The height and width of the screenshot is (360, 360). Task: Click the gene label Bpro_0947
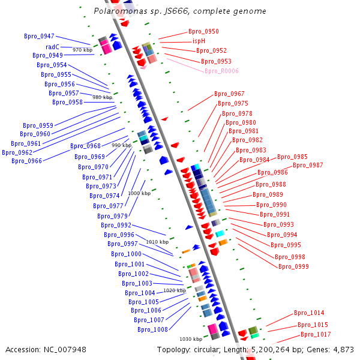coord(39,37)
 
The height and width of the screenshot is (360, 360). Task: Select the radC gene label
coord(52,46)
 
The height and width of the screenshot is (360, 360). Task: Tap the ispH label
coord(199,41)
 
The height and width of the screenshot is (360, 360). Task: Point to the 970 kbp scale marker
coord(82,50)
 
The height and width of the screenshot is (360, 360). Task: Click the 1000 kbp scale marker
coord(139,194)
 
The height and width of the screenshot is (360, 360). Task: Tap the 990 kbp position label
coord(121,146)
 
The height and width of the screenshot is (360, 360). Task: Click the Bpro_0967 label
coord(229,94)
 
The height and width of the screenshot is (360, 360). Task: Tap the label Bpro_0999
coord(293,266)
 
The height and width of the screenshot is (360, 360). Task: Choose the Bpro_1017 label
coord(316,335)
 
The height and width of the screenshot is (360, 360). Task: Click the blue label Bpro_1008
coord(152,329)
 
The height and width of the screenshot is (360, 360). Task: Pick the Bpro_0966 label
coord(26,161)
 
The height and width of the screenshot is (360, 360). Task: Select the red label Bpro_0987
coord(308,166)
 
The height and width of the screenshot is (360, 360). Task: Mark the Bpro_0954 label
coord(52,65)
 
